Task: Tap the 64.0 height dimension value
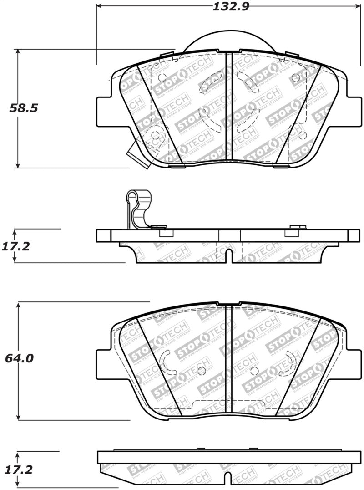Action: (x=19, y=358)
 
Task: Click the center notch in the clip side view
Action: (x=230, y=256)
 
